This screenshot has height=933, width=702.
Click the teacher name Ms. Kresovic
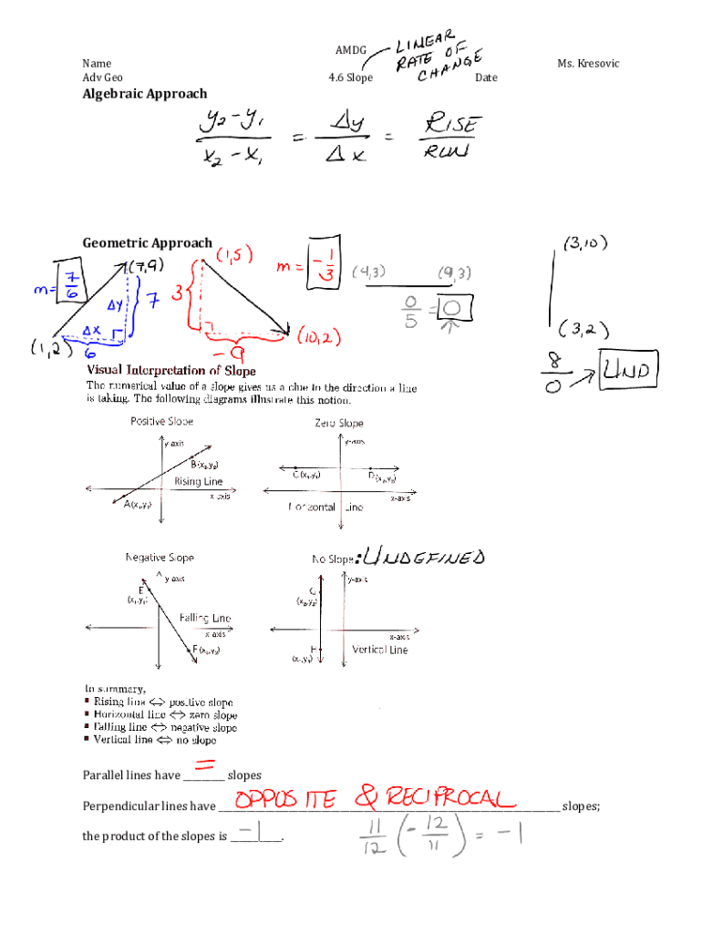[588, 64]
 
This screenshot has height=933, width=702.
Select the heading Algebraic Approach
[145, 94]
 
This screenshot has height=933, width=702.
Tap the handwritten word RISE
[453, 124]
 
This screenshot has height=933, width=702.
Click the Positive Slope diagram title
[160, 422]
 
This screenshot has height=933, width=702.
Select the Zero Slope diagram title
[338, 424]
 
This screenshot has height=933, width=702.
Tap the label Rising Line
[199, 481]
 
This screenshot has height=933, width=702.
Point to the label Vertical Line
[380, 650]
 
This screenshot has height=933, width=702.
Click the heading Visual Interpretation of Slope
[171, 371]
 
